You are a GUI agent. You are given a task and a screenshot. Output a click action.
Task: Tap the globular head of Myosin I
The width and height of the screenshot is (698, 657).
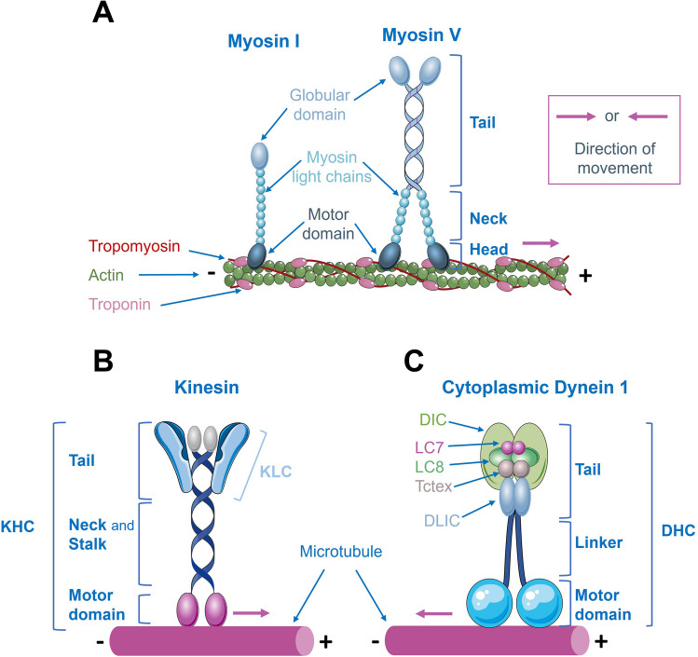(258, 155)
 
